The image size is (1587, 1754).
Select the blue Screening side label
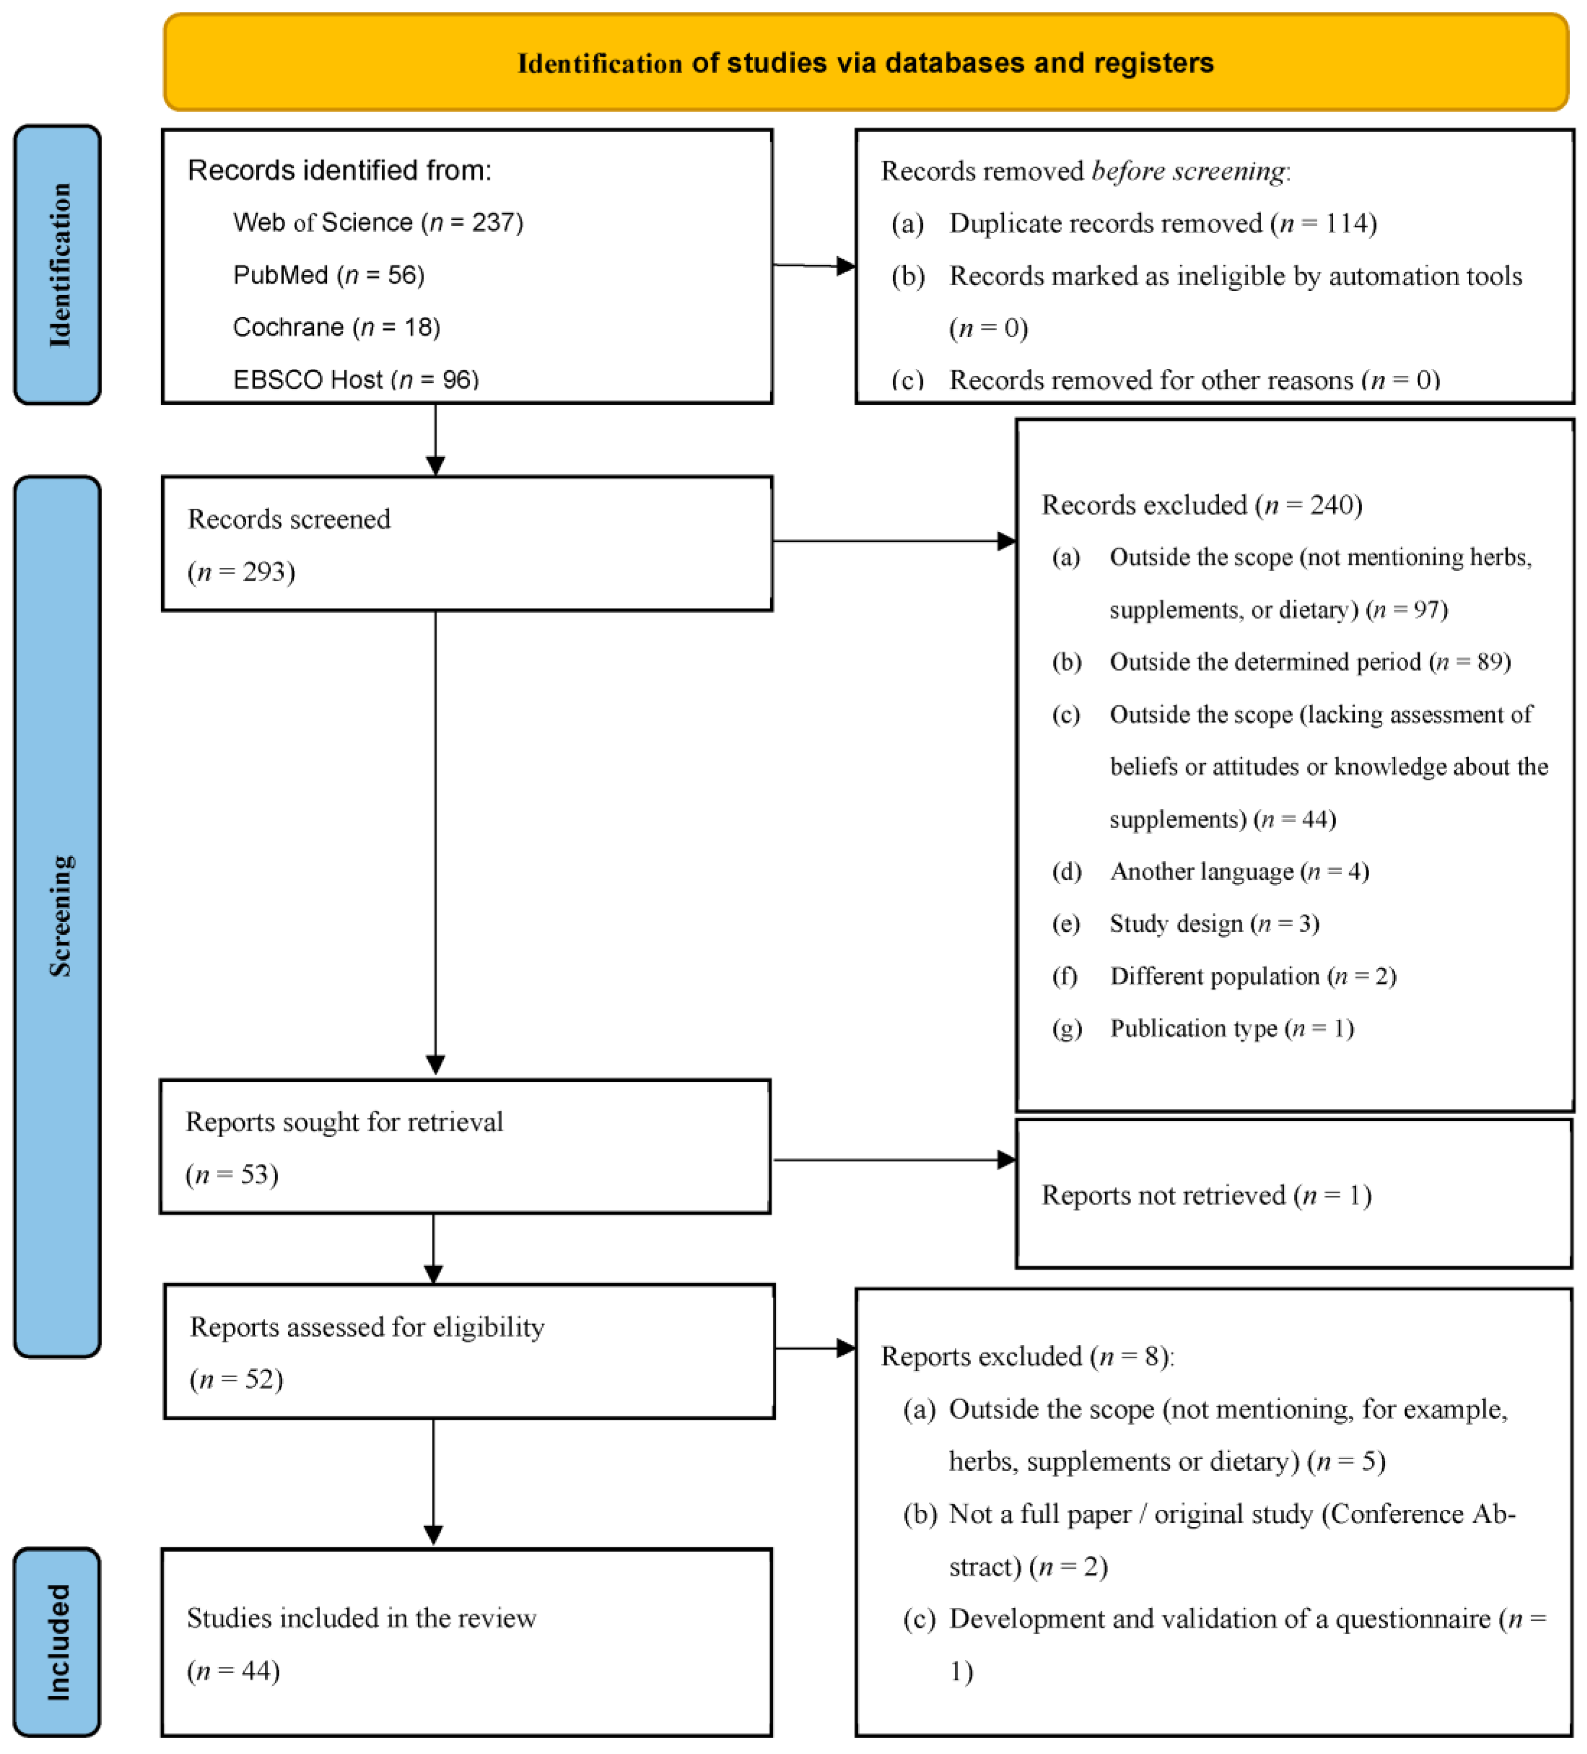[57, 915]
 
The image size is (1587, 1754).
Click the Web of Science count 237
[492, 223]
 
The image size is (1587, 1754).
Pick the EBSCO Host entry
[355, 379]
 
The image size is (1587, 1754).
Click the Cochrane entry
[336, 327]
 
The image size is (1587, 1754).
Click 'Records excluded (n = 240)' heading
[1200, 505]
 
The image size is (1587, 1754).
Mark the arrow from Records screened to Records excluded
[887, 541]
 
